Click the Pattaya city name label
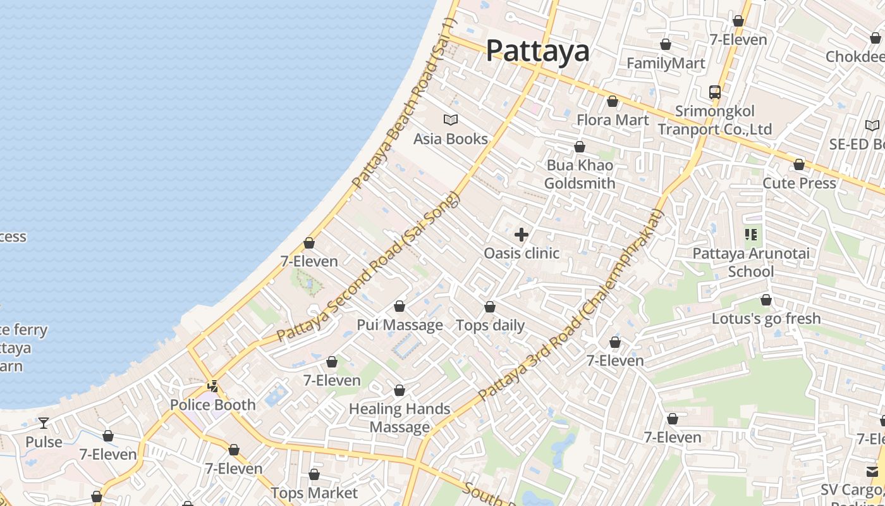(x=537, y=51)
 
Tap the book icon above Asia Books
(x=451, y=120)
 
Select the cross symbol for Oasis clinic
(x=522, y=235)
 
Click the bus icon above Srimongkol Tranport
(x=715, y=92)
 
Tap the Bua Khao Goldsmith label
(x=580, y=175)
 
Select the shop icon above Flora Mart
(x=612, y=102)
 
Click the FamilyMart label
(x=666, y=63)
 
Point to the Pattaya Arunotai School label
(x=751, y=262)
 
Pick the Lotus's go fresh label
(x=766, y=319)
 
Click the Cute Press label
(x=799, y=183)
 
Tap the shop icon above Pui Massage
(x=400, y=307)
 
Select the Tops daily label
(x=491, y=326)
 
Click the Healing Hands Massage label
(x=400, y=418)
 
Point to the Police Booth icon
(x=213, y=386)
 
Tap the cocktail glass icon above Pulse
(x=44, y=423)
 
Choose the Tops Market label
(x=314, y=493)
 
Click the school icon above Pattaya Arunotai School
(x=751, y=235)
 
